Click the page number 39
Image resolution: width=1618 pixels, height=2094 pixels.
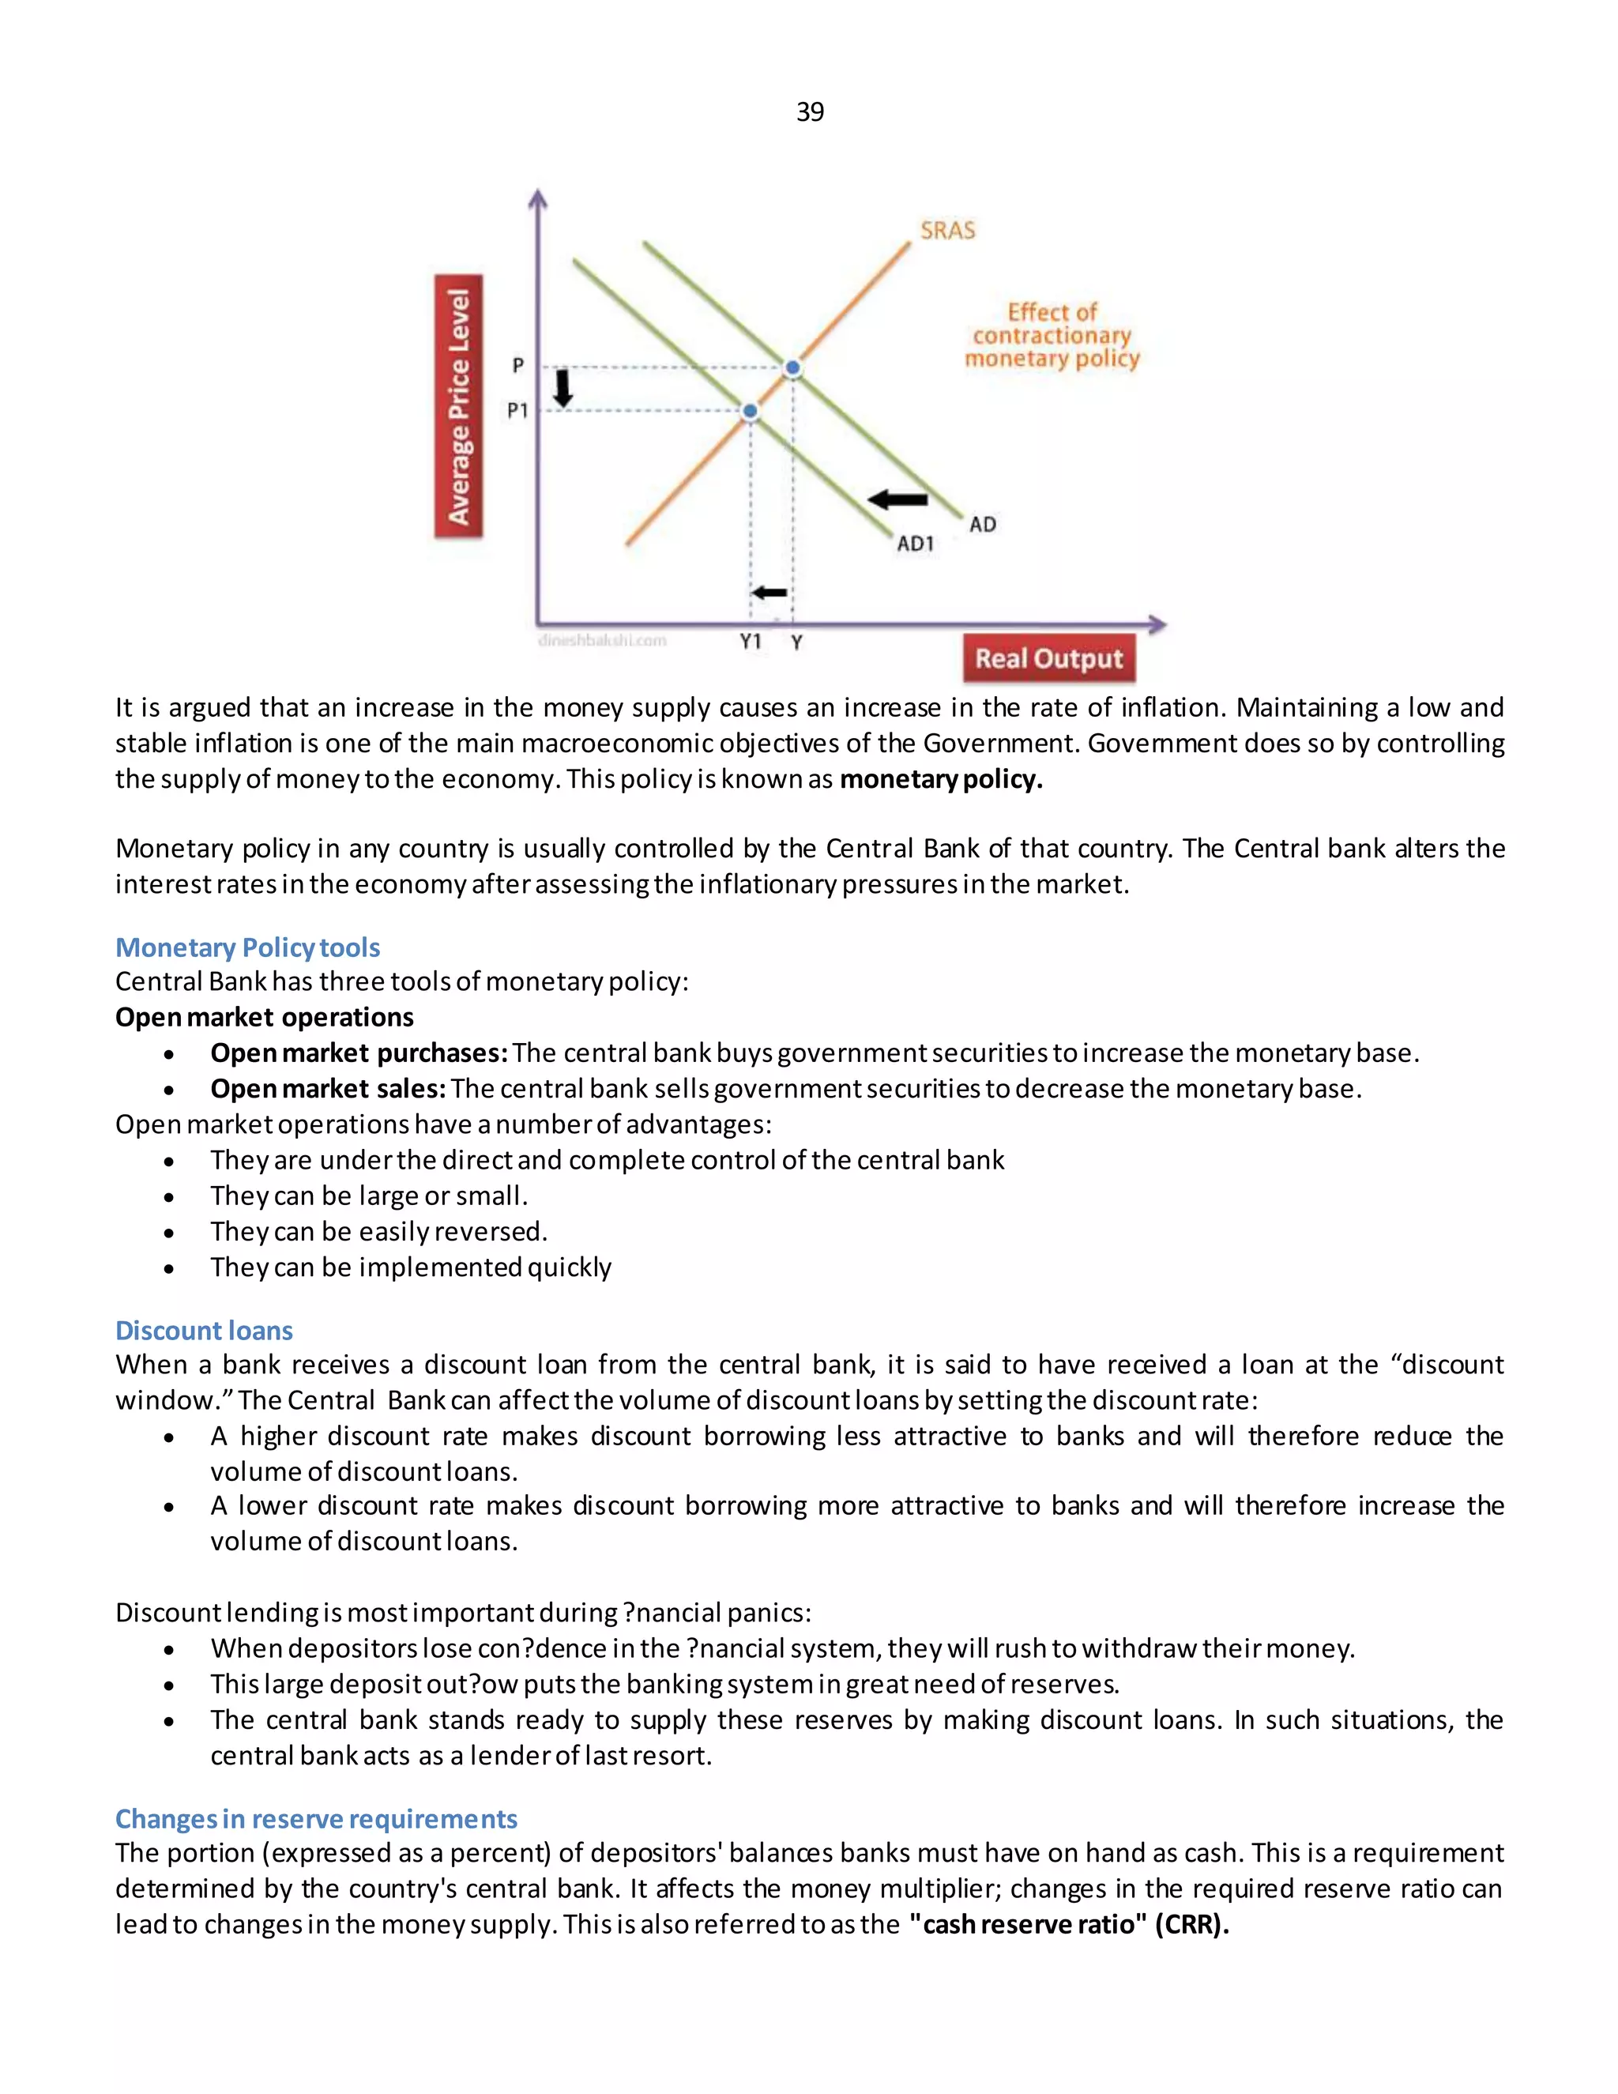tap(809, 112)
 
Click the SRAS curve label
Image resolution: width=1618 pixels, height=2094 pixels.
tap(947, 230)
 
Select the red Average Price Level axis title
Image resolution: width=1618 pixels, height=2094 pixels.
tap(459, 406)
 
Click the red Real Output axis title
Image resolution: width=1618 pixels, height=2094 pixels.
tap(1048, 659)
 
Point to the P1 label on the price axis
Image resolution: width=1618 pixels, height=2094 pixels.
tap(517, 410)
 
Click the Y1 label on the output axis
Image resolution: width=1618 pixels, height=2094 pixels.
tap(751, 642)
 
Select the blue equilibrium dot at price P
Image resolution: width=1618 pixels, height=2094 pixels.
tap(792, 367)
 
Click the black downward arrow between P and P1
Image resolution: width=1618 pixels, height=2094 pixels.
tap(563, 388)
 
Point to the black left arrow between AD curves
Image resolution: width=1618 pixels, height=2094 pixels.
tap(897, 499)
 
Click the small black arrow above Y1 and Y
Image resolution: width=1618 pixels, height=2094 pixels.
tap(769, 593)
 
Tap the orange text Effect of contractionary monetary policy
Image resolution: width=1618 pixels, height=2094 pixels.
tap(1052, 336)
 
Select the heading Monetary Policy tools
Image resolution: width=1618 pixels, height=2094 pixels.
tap(247, 947)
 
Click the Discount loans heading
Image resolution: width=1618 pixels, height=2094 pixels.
tap(203, 1330)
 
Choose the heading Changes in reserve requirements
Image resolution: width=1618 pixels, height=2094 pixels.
tap(315, 1818)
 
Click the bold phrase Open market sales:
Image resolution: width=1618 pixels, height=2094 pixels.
tap(328, 1088)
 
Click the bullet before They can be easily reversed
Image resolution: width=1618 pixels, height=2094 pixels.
tap(169, 1232)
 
